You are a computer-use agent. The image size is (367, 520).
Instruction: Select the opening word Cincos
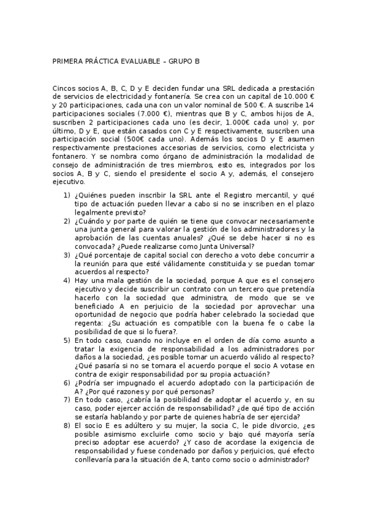[x=65, y=88]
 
